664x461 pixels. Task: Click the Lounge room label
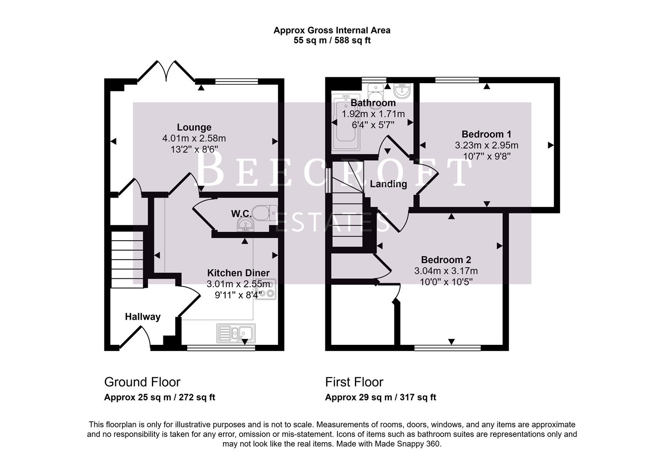click(194, 127)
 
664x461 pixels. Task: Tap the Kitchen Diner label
click(238, 273)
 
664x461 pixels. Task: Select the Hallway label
click(142, 317)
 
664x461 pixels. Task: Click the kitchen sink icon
click(236, 333)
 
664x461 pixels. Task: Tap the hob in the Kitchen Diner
click(266, 289)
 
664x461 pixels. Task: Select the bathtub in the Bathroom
click(346, 124)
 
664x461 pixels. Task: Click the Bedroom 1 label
click(486, 134)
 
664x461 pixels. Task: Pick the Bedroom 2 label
click(446, 260)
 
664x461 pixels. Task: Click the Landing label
click(388, 184)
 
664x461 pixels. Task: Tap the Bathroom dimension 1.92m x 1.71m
click(373, 114)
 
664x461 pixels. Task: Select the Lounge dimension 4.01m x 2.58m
click(194, 138)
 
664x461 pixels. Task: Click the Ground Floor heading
click(142, 382)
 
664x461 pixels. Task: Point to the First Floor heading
click(354, 382)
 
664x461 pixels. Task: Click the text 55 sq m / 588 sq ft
click(332, 41)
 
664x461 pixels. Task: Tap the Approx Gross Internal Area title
click(332, 30)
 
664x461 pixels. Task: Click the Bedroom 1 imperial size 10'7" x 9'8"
click(486, 156)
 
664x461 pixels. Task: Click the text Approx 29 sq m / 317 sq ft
click(380, 397)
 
